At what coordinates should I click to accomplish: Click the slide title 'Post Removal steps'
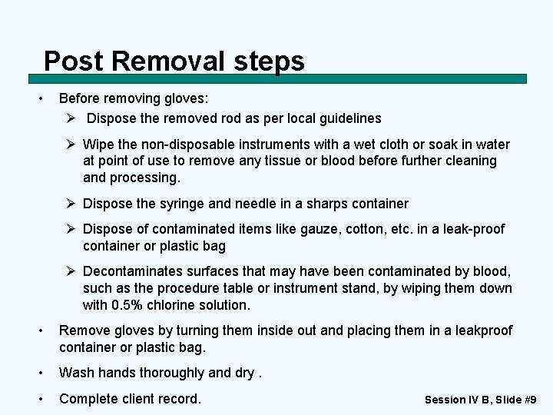tap(174, 61)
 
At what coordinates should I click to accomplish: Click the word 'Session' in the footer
tap(445, 400)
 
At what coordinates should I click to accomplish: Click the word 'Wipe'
tap(98, 144)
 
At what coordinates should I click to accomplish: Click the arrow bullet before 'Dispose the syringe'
tap(71, 204)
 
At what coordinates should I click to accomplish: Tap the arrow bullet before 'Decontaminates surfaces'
tap(71, 271)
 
